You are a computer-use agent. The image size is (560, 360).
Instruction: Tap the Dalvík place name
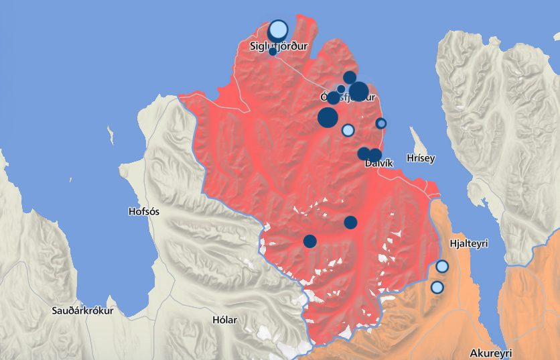coord(377,163)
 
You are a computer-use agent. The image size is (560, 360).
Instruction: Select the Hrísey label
coord(421,158)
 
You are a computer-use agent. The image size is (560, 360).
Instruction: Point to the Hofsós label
coord(143,212)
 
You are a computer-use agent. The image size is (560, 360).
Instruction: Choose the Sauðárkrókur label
coord(84,311)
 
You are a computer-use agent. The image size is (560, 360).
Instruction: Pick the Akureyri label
coord(490,353)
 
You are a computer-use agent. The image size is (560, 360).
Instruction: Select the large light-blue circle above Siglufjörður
coord(278,31)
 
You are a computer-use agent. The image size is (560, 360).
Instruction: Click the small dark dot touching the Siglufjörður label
coord(273,52)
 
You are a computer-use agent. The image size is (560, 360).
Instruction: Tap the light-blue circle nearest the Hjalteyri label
coord(442,266)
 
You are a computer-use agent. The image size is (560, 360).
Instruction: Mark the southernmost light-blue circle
coord(437,288)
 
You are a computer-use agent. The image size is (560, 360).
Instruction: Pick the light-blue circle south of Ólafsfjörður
coord(348,130)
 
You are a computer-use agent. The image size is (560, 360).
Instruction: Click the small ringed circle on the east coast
coord(381,123)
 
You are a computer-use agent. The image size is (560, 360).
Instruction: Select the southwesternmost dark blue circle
coord(309,241)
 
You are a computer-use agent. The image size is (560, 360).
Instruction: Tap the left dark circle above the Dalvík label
coord(364,154)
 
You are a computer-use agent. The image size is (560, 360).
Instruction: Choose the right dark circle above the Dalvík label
coord(375,155)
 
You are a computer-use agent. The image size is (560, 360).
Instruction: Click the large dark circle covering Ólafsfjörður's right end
coord(358,91)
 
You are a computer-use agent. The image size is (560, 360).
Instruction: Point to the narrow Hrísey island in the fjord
coord(421,142)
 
